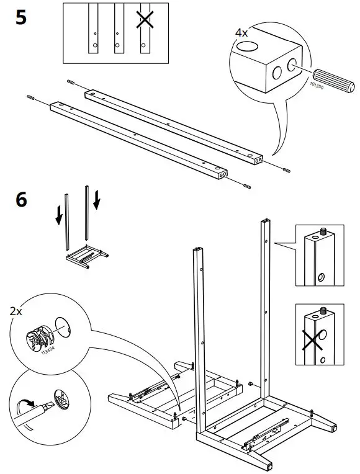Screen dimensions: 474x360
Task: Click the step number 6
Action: (21, 200)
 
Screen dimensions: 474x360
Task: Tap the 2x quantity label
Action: (17, 310)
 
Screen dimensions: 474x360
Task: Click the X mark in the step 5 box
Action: (145, 20)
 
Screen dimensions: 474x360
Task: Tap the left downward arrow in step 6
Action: (58, 214)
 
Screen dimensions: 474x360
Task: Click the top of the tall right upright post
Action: (266, 223)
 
